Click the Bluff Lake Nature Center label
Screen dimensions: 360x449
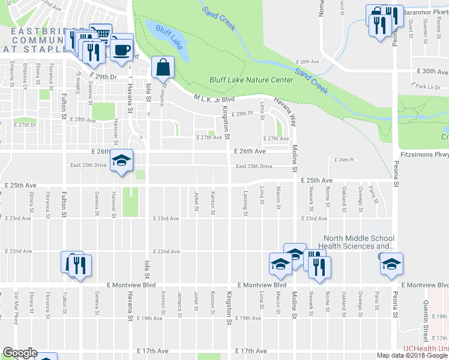pos(251,80)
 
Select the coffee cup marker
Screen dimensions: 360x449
pos(122,50)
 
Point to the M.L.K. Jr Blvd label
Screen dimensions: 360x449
pos(214,99)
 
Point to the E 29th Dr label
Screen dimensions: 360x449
pos(103,78)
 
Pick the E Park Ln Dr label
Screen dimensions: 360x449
pos(428,87)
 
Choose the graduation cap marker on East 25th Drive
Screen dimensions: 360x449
pos(122,160)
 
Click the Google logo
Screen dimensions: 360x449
pos(19,353)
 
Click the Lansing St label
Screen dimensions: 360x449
pos(246,203)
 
